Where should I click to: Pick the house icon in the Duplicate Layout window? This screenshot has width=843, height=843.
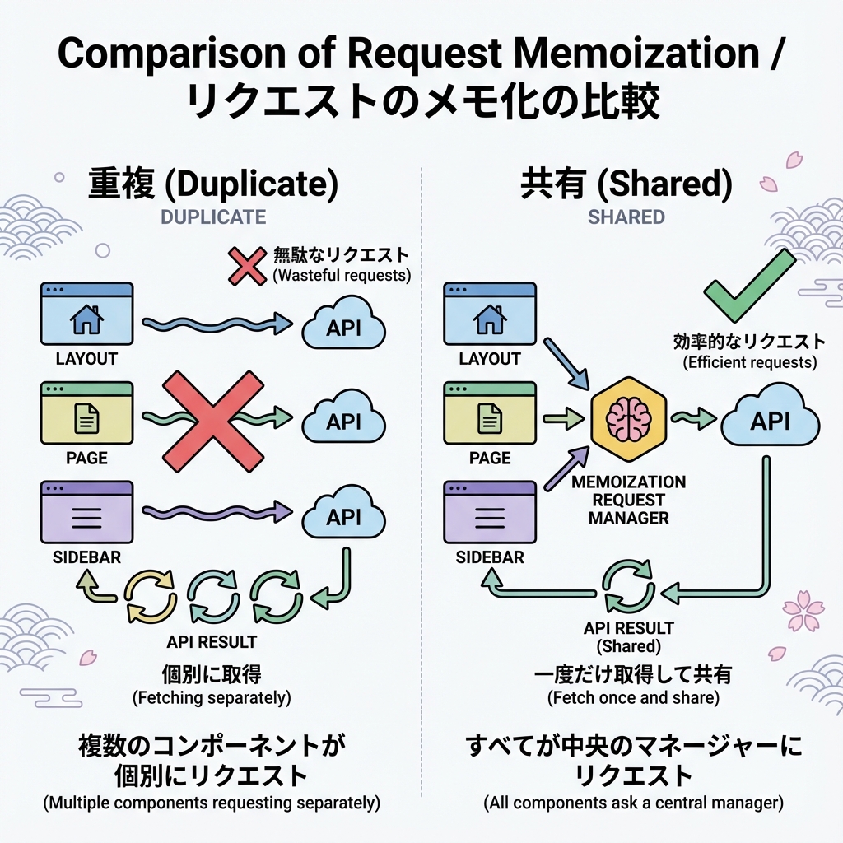(86, 320)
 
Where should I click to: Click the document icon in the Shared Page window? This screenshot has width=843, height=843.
(490, 420)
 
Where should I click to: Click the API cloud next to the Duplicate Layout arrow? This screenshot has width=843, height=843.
(343, 327)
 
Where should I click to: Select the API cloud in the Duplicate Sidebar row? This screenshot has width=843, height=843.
(343, 516)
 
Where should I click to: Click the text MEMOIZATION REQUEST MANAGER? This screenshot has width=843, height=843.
(628, 500)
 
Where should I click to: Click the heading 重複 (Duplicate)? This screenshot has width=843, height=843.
(212, 185)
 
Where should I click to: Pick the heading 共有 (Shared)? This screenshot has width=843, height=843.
(626, 185)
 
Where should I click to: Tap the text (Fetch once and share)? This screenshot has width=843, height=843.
(632, 698)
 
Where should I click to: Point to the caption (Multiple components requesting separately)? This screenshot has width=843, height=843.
(212, 801)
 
